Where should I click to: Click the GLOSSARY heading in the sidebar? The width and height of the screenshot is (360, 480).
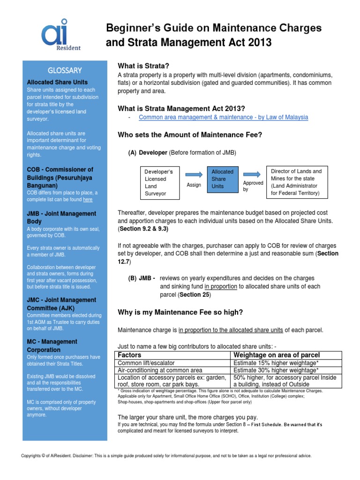65,70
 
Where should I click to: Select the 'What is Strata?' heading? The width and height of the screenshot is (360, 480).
143,65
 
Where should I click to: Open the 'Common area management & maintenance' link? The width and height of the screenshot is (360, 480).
224,117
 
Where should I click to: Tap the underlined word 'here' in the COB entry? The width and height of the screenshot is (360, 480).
88,200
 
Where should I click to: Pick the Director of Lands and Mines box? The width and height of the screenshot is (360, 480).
296,182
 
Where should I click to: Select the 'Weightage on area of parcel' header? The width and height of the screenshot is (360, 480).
277,354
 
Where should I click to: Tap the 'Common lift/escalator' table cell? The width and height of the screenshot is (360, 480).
146,362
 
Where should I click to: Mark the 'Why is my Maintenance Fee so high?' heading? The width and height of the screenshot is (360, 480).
180,312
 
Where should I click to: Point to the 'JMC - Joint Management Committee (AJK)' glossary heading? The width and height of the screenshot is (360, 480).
61,304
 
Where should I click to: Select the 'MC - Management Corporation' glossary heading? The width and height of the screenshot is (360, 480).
52,345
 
